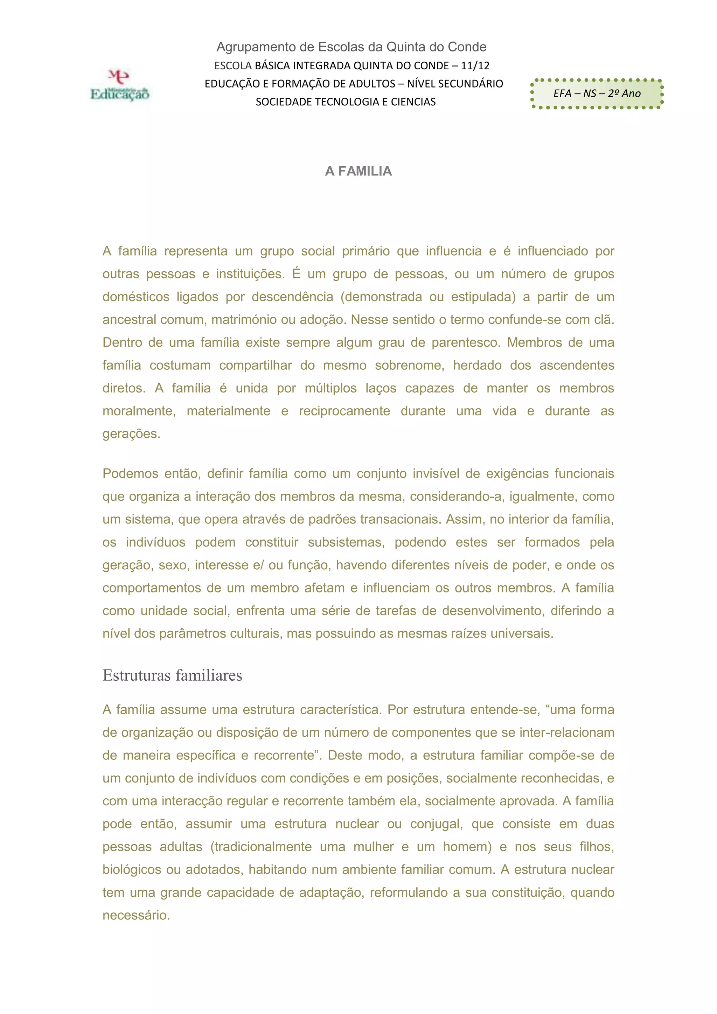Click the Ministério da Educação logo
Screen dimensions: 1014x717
[x=120, y=85]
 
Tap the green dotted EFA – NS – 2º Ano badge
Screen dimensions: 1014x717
[x=597, y=93]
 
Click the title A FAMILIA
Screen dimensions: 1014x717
[x=358, y=171]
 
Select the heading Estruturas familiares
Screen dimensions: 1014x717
[x=172, y=675]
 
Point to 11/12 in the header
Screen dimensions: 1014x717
[x=475, y=66]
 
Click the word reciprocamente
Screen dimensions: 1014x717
[x=344, y=411]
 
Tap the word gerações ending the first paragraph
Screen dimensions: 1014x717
[x=131, y=434]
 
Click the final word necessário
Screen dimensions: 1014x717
[x=136, y=916]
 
